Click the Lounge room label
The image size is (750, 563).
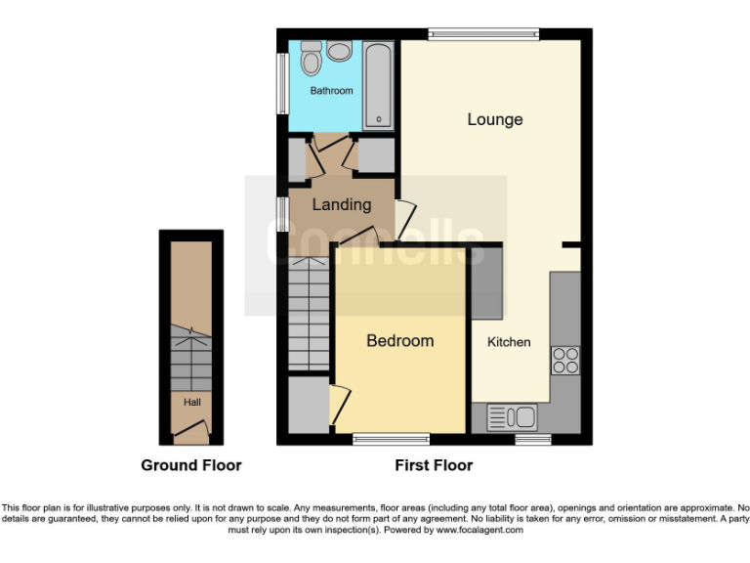tap(495, 119)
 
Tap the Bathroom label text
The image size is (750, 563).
tap(331, 91)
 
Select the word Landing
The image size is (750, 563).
tap(341, 204)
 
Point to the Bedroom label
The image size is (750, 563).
tap(399, 340)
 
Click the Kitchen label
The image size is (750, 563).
tap(509, 342)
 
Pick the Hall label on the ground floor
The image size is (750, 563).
tap(190, 401)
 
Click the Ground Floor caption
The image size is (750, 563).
tap(191, 465)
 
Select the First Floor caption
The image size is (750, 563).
tap(434, 465)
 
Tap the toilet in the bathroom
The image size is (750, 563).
tap(312, 60)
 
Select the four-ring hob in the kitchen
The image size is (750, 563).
tap(565, 361)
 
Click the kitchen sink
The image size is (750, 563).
tap(511, 417)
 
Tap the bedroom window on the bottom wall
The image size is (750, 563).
tap(391, 439)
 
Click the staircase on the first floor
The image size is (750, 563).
tap(310, 315)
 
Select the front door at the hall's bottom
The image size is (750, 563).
tap(191, 427)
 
